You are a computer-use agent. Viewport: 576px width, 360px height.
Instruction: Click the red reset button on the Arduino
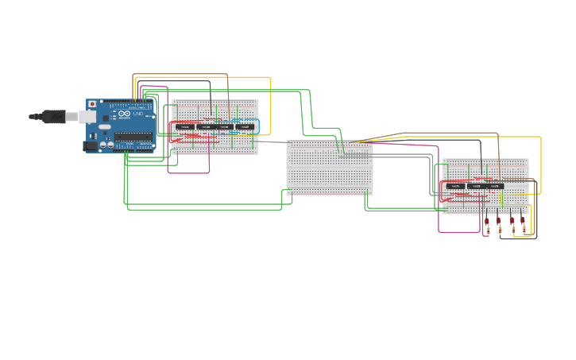point(93,104)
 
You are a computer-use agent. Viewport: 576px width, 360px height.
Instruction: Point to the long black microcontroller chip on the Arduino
point(133,137)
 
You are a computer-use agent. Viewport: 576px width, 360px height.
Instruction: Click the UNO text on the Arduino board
point(137,114)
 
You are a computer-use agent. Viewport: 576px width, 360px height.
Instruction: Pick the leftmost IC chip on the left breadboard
point(185,127)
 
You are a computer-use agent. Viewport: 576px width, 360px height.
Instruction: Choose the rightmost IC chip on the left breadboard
point(246,127)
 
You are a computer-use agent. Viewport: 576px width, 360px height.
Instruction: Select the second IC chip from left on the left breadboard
point(205,127)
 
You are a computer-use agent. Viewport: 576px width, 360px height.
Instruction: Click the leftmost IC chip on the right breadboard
point(454,187)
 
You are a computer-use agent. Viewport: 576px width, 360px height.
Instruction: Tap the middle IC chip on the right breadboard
point(475,187)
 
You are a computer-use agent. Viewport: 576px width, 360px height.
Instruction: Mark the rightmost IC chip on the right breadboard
point(496,187)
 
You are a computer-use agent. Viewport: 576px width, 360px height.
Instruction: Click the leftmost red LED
point(487,220)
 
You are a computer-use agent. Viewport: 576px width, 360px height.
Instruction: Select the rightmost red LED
point(523,220)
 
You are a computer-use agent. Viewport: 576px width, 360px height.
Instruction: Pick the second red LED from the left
point(499,220)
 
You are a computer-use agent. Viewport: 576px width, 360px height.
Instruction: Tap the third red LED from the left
point(512,220)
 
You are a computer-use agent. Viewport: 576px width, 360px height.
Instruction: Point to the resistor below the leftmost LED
point(487,230)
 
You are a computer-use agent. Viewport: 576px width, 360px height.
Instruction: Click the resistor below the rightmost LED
point(524,230)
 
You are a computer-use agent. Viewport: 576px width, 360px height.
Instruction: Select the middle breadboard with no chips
point(329,167)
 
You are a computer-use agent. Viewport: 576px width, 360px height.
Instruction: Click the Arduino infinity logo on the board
point(125,116)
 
